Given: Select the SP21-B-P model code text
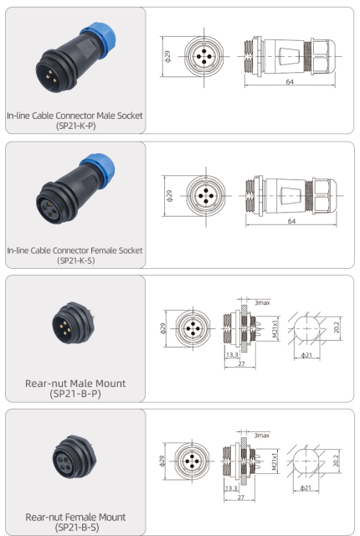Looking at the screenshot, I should point(74,394).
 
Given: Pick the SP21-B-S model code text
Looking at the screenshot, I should point(74,528).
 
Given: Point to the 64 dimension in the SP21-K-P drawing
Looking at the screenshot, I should point(289,81).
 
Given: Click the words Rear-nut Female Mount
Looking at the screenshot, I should point(74,517).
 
